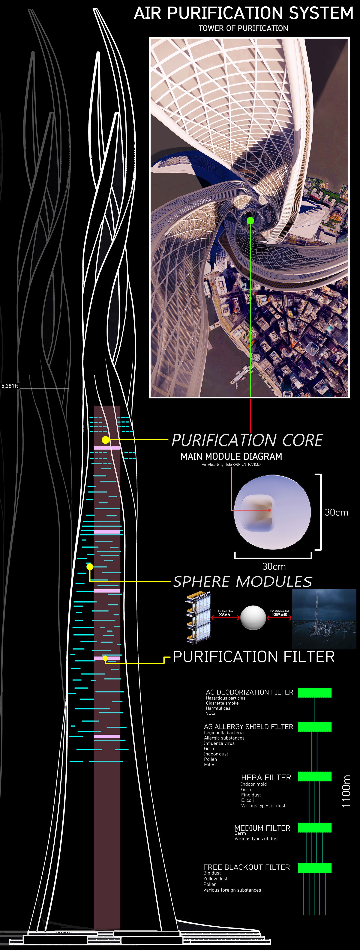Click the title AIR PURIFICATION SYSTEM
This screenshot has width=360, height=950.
point(243,13)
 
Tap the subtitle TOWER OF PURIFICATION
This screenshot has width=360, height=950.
point(243,28)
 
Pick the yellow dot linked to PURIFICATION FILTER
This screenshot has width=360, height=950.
point(105,658)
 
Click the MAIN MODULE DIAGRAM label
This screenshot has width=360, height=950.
point(231,457)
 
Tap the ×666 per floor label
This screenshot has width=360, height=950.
point(225,614)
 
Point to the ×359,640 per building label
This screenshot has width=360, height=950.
point(279,614)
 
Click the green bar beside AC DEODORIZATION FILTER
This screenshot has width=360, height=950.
point(315,692)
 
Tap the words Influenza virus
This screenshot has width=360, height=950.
point(219,743)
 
